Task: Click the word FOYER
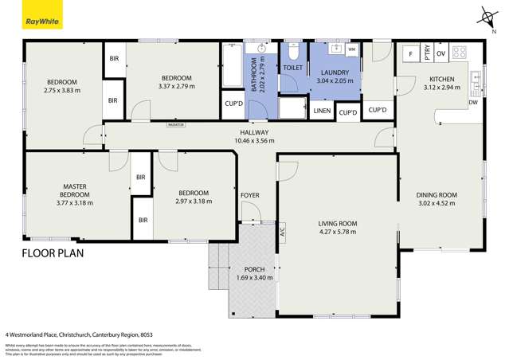coord(249,195)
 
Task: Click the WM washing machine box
coord(351,49)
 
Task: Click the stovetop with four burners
coord(460,53)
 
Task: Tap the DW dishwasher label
coord(473,102)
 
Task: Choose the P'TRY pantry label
coord(427,54)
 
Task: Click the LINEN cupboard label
coord(322,111)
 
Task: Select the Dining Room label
coord(437,195)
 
